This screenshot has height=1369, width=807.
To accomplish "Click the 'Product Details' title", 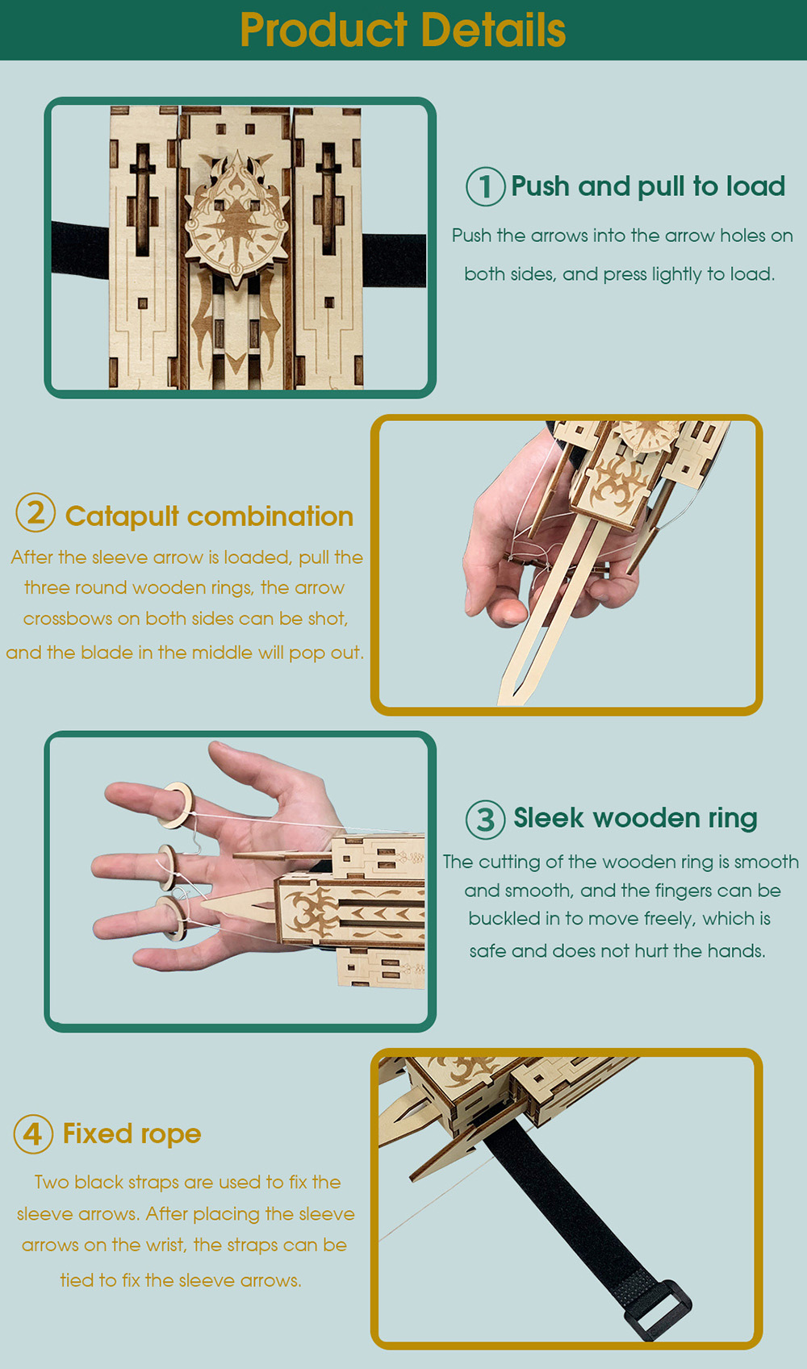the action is click(x=403, y=30).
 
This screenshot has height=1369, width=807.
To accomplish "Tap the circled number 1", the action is click(x=486, y=186).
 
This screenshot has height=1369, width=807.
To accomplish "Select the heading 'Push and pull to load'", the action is click(x=648, y=186).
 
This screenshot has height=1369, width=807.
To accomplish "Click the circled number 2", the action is click(x=36, y=512).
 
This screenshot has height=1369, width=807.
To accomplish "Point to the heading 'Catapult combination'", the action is click(x=209, y=516).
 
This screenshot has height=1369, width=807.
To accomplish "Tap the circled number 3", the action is click(x=486, y=820).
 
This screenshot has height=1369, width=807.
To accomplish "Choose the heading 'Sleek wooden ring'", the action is click(x=635, y=818).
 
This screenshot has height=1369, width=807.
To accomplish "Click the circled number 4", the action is click(x=33, y=1133).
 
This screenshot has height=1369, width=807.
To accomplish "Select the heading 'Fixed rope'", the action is click(x=132, y=1133).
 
